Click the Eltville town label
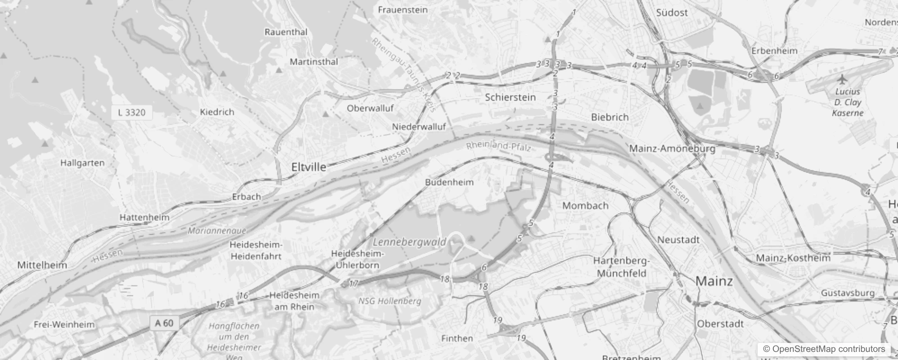point(309,167)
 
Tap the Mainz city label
point(714,281)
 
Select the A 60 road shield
point(164,323)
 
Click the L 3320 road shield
point(132,112)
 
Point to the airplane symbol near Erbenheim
point(842,79)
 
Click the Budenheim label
point(449,182)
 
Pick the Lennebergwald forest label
point(409,242)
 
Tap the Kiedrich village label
point(217,112)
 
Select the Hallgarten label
point(82,163)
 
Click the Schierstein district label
point(510,97)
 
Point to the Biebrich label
point(610,117)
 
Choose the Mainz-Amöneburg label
point(672,148)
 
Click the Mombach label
point(585,206)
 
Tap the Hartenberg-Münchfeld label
point(621,267)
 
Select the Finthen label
point(457,338)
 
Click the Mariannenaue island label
point(217,231)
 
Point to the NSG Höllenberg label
point(390,301)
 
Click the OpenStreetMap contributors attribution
point(824,349)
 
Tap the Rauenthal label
point(286,32)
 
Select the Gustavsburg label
point(848,293)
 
